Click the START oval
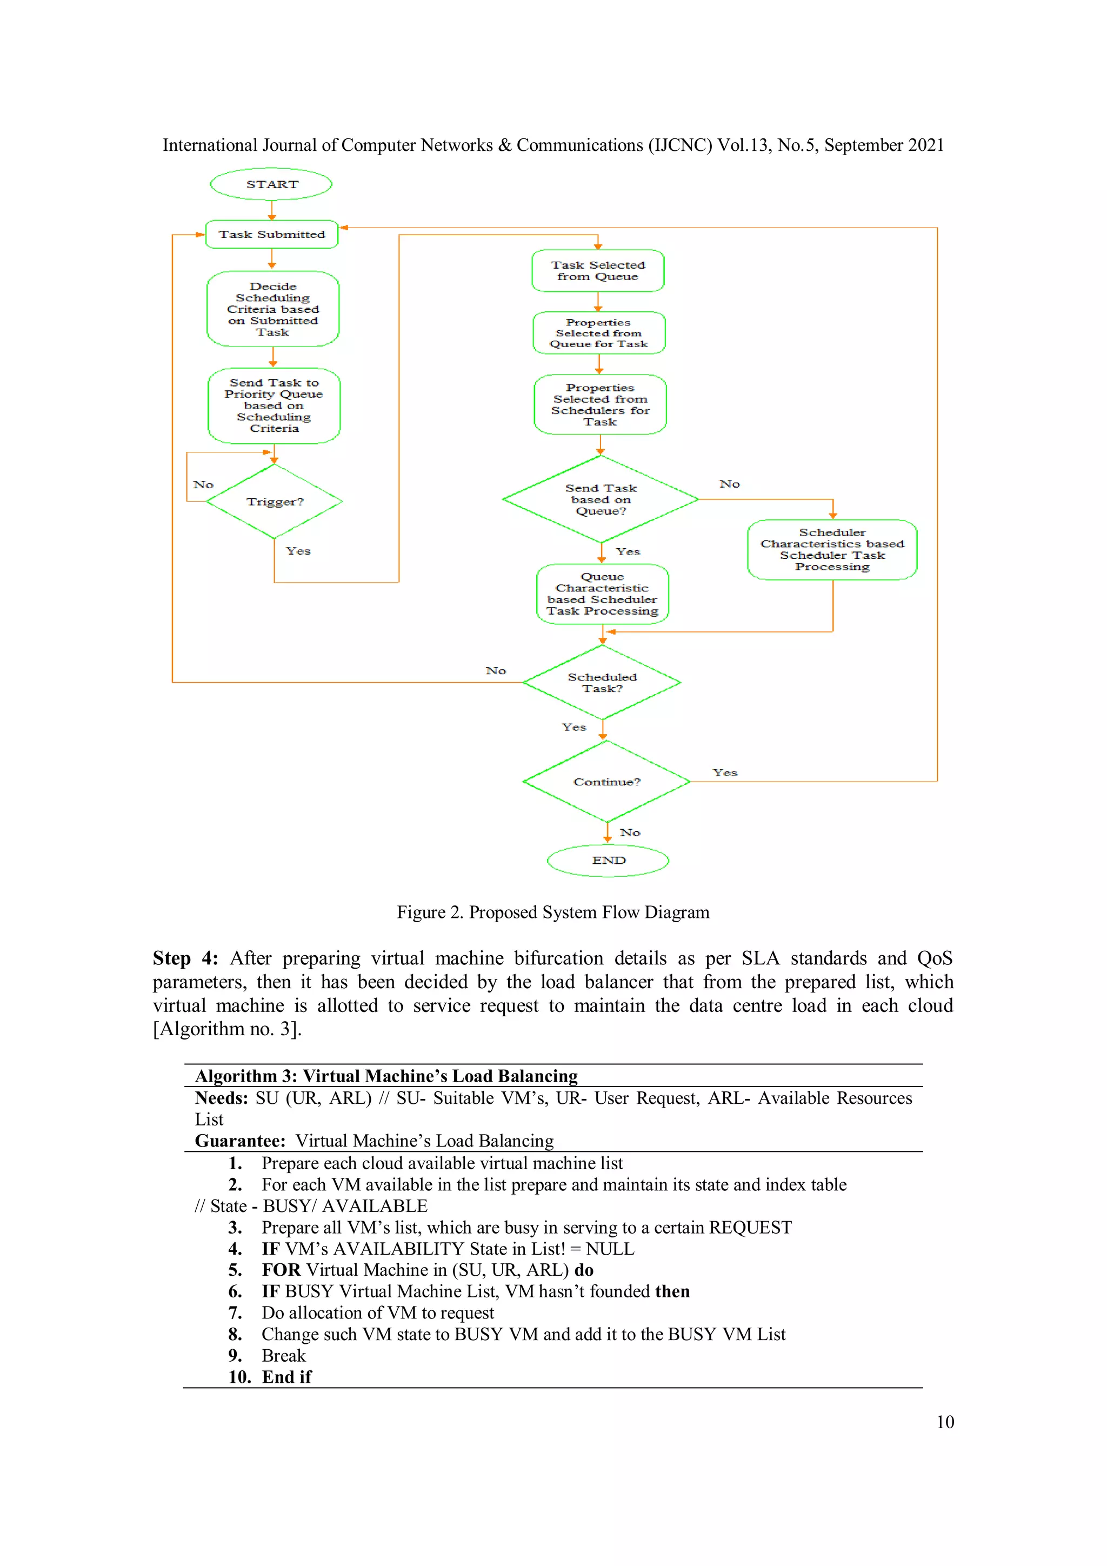[x=271, y=184]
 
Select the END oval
[x=608, y=860]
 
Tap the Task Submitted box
[x=271, y=234]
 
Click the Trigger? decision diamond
[x=274, y=501]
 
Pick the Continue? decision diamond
[x=606, y=782]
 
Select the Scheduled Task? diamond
[x=602, y=682]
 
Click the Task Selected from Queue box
[x=597, y=271]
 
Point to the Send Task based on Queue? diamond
[x=600, y=499]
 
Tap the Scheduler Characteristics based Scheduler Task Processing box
[x=831, y=550]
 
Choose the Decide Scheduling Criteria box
[x=273, y=309]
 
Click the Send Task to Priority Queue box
[x=274, y=406]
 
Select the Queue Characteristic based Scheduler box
[x=602, y=594]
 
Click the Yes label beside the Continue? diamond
[x=725, y=773]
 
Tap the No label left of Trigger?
[x=203, y=484]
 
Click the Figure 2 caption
[x=553, y=912]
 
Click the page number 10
[x=945, y=1422]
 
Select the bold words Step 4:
[x=185, y=958]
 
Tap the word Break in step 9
[x=284, y=1355]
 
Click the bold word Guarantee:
[x=240, y=1141]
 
